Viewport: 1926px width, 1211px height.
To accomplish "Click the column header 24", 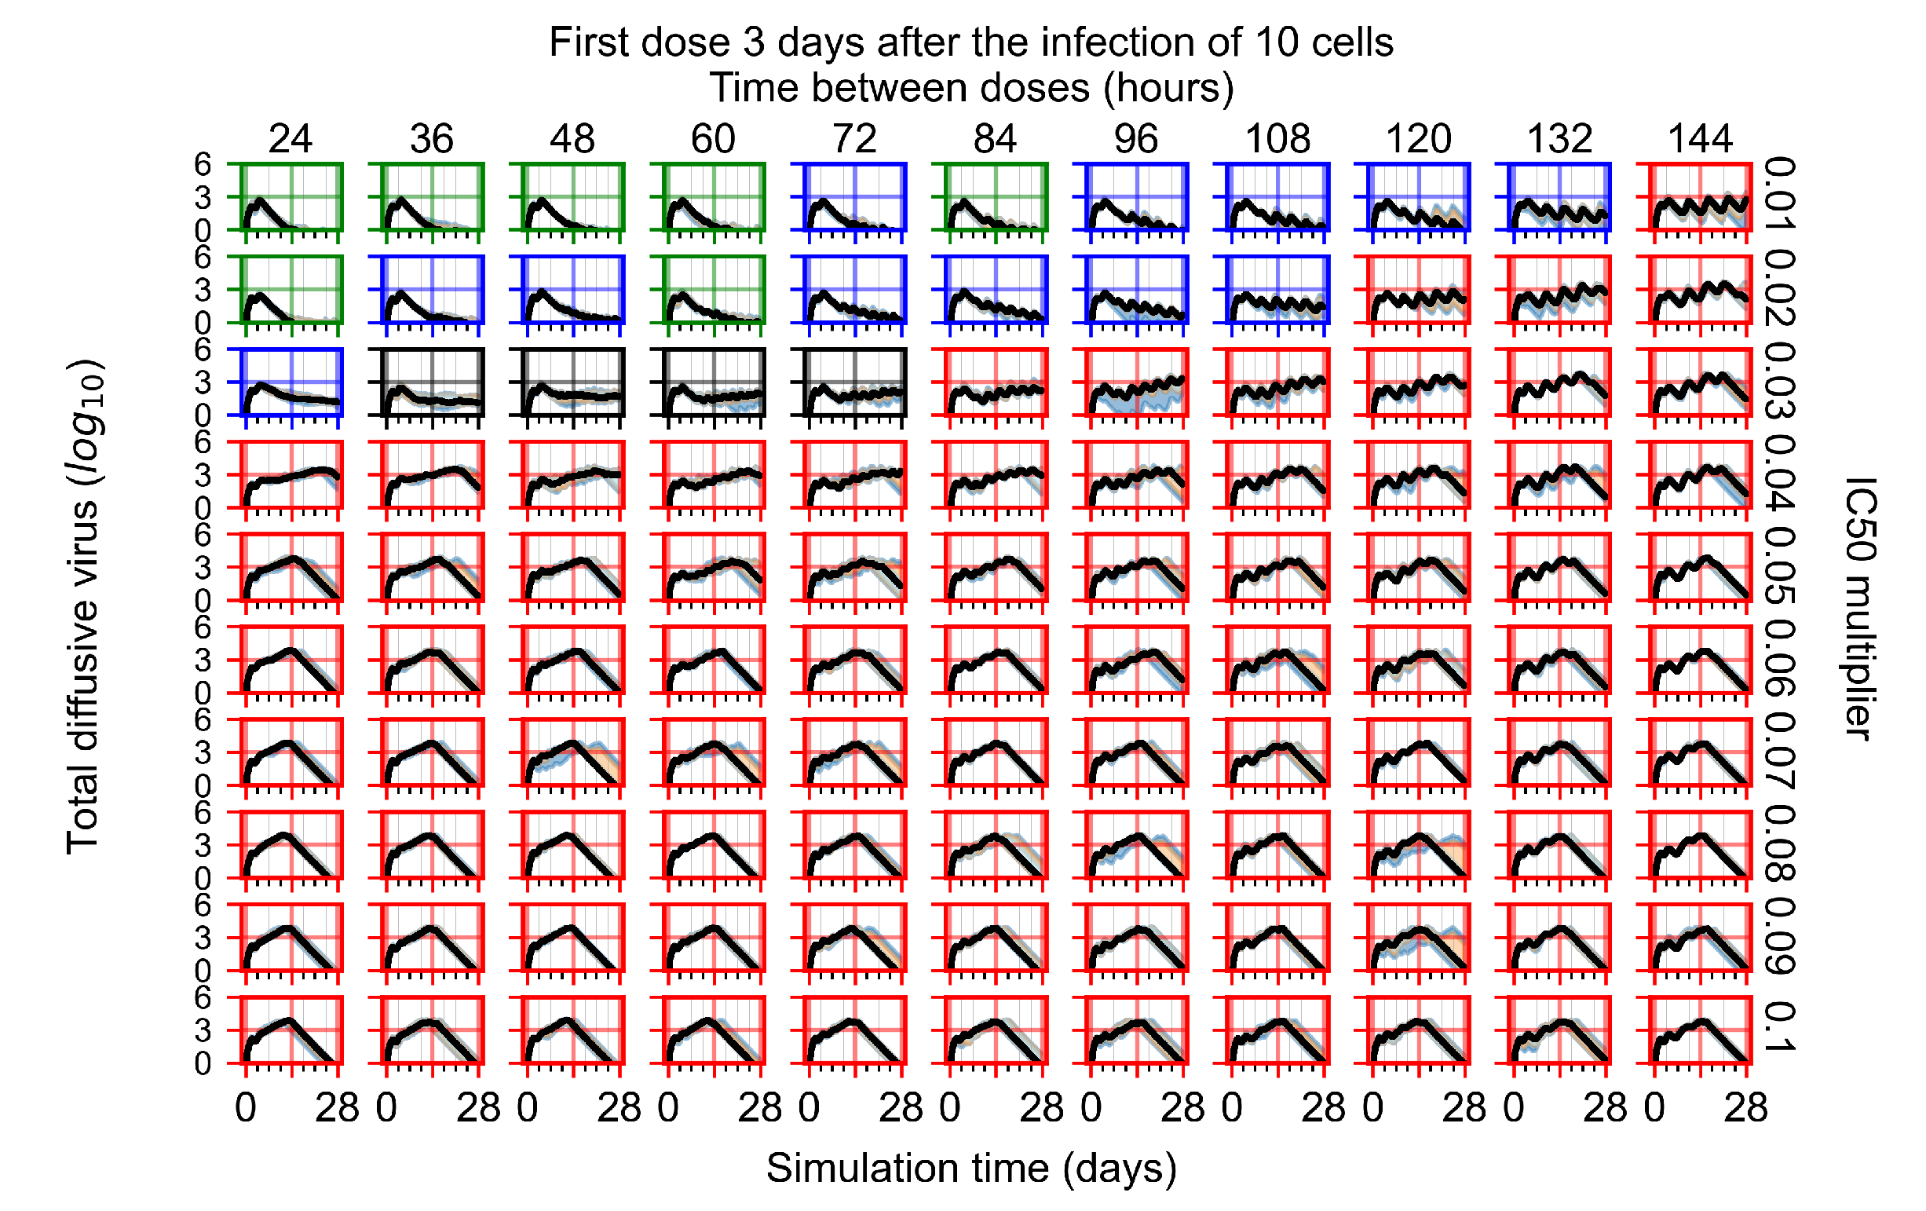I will (x=290, y=139).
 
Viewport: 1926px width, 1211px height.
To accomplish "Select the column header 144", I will (x=1700, y=139).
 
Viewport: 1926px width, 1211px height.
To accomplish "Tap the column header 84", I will (x=995, y=139).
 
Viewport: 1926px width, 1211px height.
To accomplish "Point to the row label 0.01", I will (x=1780, y=194).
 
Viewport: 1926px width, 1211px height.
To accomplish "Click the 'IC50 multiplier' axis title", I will (x=1859, y=609).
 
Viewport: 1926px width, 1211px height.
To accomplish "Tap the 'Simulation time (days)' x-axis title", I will (x=971, y=1169).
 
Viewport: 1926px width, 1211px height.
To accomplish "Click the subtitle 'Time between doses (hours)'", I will (x=971, y=88).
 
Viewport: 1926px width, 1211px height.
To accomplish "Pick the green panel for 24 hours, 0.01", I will (x=291, y=197).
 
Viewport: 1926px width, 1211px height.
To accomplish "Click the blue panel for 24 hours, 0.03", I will (x=291, y=382).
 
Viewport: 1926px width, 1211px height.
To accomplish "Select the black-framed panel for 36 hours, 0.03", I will (x=432, y=382).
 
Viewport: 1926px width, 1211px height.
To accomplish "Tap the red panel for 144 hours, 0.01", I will (x=1700, y=197).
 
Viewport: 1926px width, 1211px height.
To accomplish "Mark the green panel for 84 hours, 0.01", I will (x=996, y=197).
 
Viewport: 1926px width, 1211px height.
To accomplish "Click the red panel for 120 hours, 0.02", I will (x=1418, y=290).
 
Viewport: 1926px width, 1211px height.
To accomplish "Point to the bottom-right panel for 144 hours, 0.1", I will (x=1700, y=1030).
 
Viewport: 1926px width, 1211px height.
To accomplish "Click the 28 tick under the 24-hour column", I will (x=337, y=1109).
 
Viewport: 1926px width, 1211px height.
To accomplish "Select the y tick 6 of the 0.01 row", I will (x=203, y=165).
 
